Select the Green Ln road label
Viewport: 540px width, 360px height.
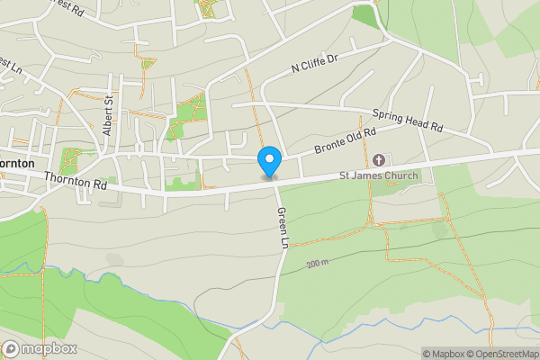click(283, 225)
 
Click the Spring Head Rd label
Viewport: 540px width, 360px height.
click(409, 119)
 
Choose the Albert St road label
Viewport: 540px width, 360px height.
click(109, 115)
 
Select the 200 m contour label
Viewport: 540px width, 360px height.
click(317, 264)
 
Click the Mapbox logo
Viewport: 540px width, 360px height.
click(40, 348)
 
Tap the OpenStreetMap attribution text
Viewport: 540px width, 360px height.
click(502, 354)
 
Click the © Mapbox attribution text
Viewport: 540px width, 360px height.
click(443, 354)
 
